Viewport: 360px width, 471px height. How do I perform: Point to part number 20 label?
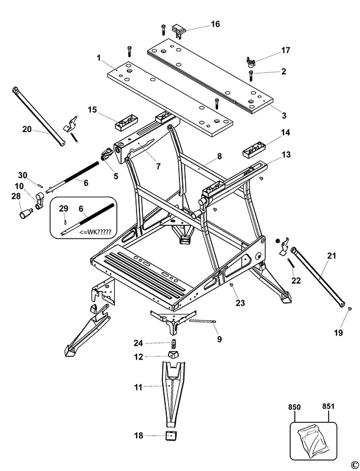(x=27, y=129)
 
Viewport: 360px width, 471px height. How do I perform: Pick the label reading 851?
(x=328, y=407)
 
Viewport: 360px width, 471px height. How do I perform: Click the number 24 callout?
(x=138, y=343)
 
